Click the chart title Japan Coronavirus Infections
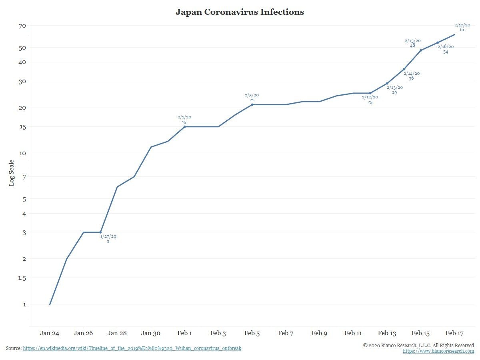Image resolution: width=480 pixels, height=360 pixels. coord(240,12)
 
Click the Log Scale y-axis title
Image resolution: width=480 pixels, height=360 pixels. coord(12,173)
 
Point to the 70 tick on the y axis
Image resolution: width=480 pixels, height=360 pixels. coord(22,26)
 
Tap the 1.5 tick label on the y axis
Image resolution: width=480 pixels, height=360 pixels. coord(21,278)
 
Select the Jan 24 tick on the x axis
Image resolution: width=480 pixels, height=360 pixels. coord(50,333)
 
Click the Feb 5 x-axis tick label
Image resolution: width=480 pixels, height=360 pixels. coord(252,333)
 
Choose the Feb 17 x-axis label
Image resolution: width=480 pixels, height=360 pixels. coord(454,333)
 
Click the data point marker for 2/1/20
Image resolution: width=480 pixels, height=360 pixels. coord(184,127)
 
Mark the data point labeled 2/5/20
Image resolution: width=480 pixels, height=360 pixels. coord(252,105)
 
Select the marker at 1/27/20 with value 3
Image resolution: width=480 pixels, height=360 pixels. coord(100,232)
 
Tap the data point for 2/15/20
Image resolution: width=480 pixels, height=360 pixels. coord(421,50)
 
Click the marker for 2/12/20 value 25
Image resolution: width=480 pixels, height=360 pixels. coord(370,93)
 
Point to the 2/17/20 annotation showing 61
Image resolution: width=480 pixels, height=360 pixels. coord(462,27)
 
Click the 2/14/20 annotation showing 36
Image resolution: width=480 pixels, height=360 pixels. coord(411,76)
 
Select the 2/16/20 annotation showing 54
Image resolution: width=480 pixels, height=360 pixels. coord(445,49)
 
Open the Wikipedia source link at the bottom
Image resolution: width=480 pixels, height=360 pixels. coord(132,348)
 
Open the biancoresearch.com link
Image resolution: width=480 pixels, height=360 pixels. coord(438,351)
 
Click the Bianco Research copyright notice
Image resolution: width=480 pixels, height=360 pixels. coord(418,345)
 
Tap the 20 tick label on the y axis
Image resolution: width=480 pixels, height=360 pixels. coord(22,108)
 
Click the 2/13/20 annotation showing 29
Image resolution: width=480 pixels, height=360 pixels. coord(394,90)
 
